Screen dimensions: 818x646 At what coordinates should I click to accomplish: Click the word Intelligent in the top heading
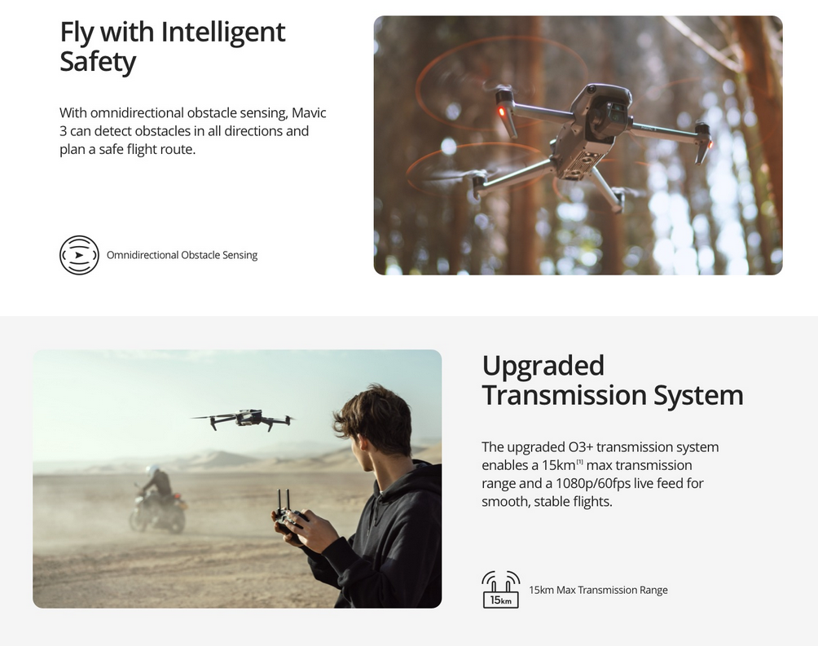pos(222,33)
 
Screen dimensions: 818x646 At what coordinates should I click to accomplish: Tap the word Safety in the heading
pos(98,62)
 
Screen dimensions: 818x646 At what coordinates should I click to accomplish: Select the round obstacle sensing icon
pos(79,255)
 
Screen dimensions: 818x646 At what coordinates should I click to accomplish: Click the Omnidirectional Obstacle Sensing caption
pos(182,255)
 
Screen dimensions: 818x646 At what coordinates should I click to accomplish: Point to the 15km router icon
pos(501,590)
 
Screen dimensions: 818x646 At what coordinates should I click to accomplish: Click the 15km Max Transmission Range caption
pos(598,590)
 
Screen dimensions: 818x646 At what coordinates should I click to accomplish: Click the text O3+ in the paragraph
pos(579,447)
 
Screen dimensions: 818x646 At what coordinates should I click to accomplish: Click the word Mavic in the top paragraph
pos(309,112)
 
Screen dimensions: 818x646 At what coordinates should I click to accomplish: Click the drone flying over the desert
pos(243,419)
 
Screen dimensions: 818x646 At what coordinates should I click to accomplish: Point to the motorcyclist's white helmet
pos(152,470)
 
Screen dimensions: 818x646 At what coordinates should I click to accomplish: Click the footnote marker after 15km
pos(579,461)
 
